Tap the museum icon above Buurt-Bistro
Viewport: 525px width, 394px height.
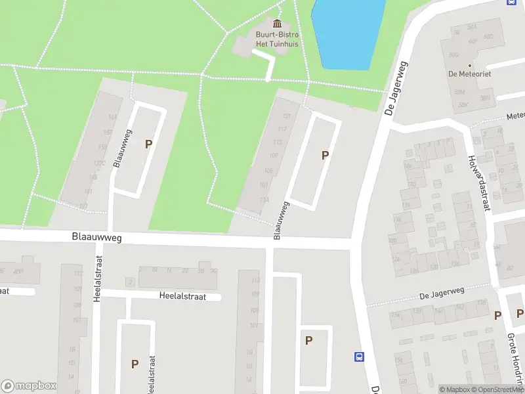[276, 24]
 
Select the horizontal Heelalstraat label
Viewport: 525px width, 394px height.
[182, 296]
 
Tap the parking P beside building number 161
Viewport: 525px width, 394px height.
[149, 144]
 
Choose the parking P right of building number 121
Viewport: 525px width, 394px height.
[324, 155]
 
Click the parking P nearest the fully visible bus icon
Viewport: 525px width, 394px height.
[308, 340]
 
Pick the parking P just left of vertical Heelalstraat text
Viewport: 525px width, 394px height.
[135, 363]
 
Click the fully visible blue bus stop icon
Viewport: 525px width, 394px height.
[359, 357]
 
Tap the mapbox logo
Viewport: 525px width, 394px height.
[29, 386]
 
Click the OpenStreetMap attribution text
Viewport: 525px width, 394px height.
[497, 389]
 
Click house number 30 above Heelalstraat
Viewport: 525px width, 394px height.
[213, 271]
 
